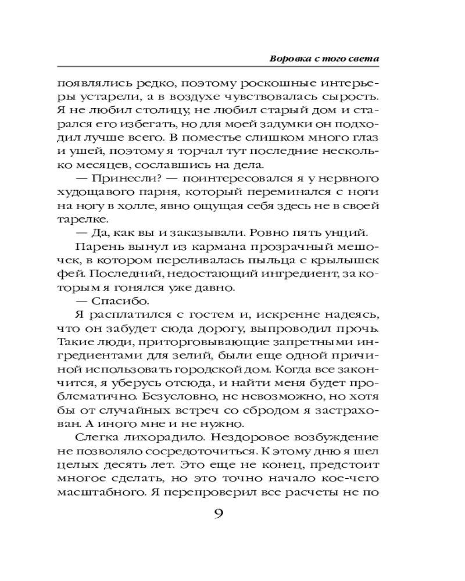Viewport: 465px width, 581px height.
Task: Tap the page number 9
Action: pos(219,513)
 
